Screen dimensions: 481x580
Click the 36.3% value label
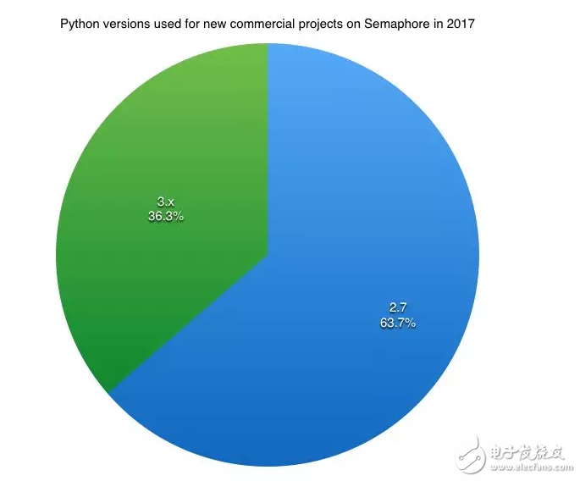click(165, 217)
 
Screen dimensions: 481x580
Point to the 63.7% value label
click(397, 323)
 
